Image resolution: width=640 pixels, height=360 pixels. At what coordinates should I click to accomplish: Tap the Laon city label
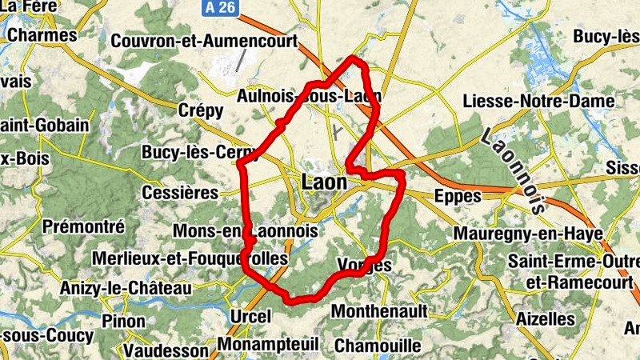pyautogui.click(x=325, y=182)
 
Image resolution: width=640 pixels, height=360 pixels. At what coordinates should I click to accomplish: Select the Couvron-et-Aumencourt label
pyautogui.click(x=205, y=41)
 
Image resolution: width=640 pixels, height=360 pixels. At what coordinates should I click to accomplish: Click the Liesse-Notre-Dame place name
pyautogui.click(x=539, y=102)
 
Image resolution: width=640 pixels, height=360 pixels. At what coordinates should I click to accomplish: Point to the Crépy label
pyautogui.click(x=202, y=110)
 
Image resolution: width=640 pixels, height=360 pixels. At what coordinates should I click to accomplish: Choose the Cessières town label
pyautogui.click(x=179, y=193)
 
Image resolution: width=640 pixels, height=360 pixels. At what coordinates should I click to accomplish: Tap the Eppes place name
pyautogui.click(x=457, y=197)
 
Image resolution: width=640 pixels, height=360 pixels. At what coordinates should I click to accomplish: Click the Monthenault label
pyautogui.click(x=379, y=310)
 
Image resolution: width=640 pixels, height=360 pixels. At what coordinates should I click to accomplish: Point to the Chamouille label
pyautogui.click(x=378, y=346)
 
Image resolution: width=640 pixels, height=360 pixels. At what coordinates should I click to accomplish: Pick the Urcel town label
pyautogui.click(x=250, y=316)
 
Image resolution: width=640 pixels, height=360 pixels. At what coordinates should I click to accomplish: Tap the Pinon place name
pyautogui.click(x=123, y=322)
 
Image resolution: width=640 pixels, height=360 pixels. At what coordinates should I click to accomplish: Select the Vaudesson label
pyautogui.click(x=166, y=350)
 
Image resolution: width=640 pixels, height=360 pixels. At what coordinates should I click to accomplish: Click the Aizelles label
pyautogui.click(x=546, y=318)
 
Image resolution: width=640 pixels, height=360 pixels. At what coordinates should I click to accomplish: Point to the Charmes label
pyautogui.click(x=42, y=35)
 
